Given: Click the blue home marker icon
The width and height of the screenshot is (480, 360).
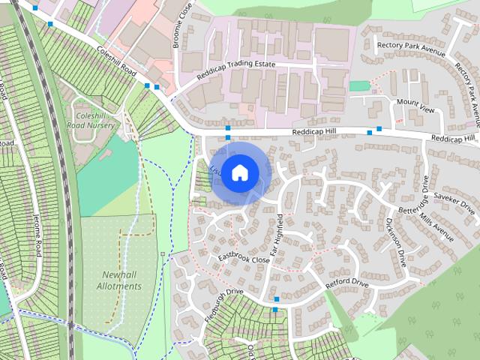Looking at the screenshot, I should tap(239, 172).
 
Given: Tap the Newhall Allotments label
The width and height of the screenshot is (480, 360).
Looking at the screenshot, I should tap(118, 280).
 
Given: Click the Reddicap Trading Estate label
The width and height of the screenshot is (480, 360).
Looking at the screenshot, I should tap(236, 70).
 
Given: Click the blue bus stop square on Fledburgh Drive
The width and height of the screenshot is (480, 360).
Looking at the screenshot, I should tap(276, 308).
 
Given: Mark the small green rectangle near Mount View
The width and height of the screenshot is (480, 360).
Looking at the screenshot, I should tap(359, 85).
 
